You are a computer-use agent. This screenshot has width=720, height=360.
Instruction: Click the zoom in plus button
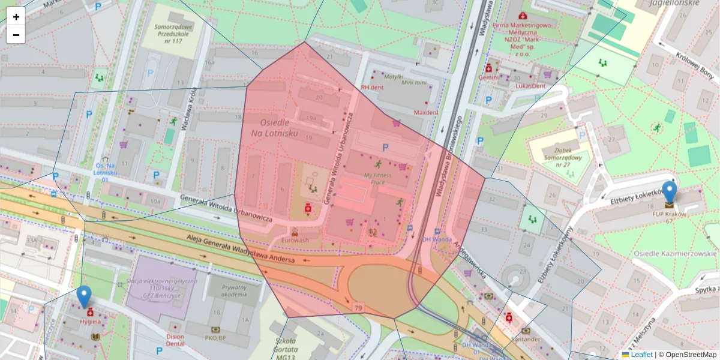point(16,17)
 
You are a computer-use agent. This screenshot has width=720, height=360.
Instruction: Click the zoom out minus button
point(16,35)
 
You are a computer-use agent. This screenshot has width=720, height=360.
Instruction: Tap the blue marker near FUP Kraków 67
point(668,193)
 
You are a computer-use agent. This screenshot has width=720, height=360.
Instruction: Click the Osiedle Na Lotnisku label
point(270,127)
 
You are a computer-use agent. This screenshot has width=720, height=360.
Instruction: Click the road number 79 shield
point(359,308)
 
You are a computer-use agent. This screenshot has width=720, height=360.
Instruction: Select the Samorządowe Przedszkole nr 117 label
point(162,34)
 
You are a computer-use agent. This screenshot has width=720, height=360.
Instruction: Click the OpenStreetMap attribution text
point(691,355)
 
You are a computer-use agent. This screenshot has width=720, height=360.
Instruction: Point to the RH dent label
point(372,87)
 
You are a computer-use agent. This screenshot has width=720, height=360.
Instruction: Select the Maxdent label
point(426,112)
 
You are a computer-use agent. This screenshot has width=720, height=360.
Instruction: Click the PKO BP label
point(215,338)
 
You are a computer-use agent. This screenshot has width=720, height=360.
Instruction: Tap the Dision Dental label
point(175,340)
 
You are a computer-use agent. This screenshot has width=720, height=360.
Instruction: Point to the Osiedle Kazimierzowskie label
point(675,253)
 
